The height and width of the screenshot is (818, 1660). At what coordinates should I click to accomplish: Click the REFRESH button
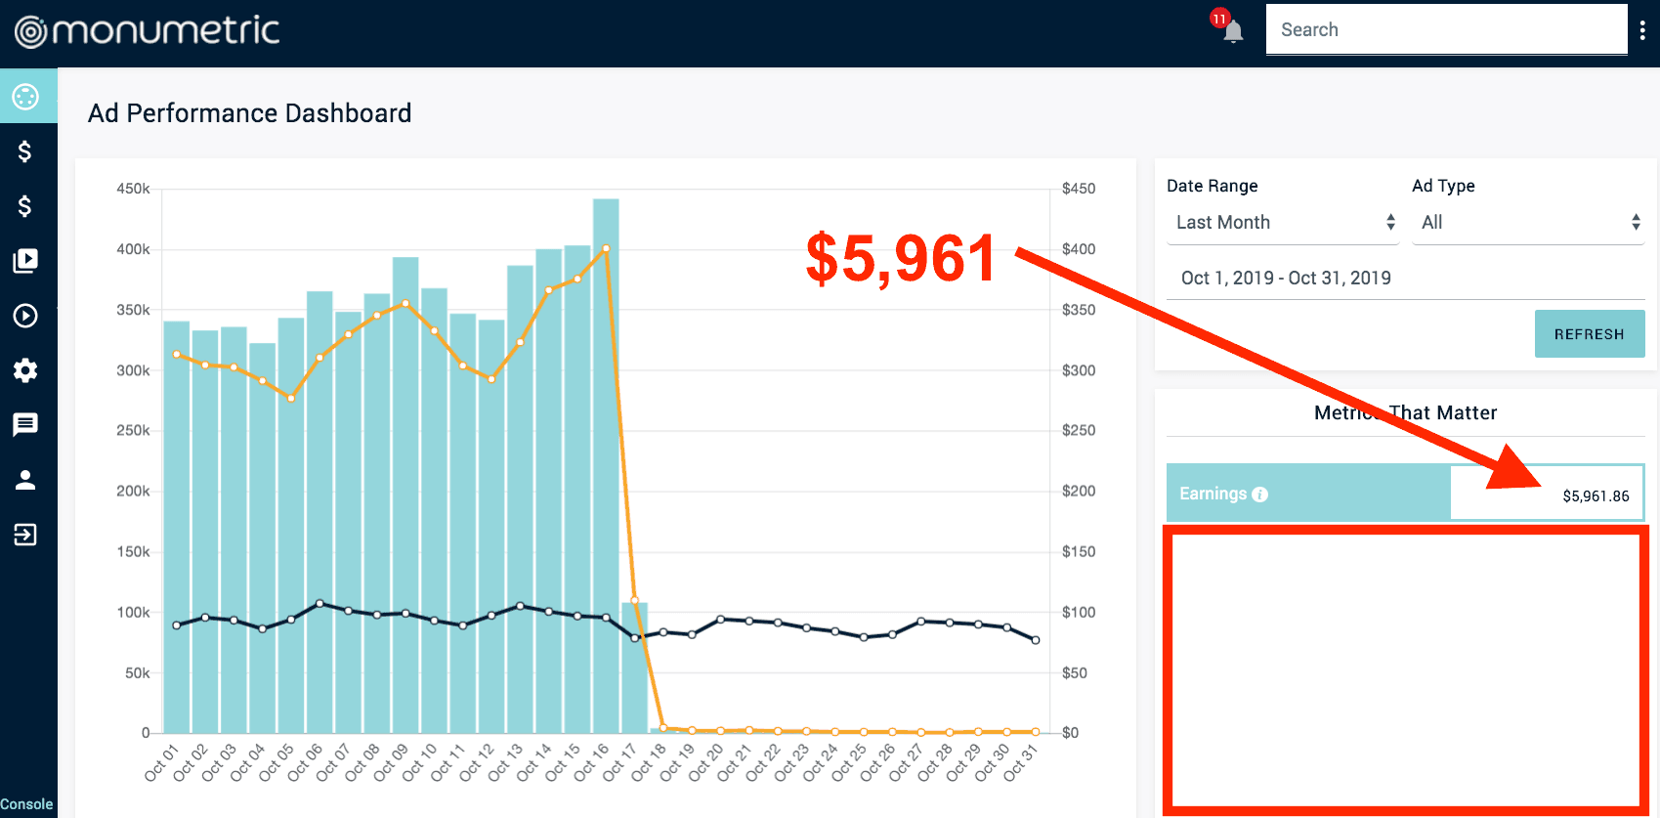pyautogui.click(x=1589, y=334)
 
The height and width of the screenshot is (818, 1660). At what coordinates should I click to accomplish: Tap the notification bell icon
pyautogui.click(x=1233, y=31)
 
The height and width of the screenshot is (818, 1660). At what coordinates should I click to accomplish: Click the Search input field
pyautogui.click(x=1446, y=29)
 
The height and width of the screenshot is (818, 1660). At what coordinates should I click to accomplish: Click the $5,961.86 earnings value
pyautogui.click(x=1596, y=496)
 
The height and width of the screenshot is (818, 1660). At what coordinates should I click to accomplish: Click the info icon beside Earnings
pyautogui.click(x=1260, y=495)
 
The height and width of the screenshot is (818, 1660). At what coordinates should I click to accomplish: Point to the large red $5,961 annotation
pyautogui.click(x=900, y=259)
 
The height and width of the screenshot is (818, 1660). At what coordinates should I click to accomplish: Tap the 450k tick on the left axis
pyautogui.click(x=133, y=189)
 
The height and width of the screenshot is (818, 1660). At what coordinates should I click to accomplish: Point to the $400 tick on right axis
pyautogui.click(x=1079, y=249)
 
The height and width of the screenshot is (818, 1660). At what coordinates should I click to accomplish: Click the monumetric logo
pyautogui.click(x=147, y=31)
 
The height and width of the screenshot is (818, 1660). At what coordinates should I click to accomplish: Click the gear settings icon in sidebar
pyautogui.click(x=25, y=370)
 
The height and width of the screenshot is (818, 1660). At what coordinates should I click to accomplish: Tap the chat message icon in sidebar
pyautogui.click(x=25, y=424)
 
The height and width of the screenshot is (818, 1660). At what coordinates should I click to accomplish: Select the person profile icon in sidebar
pyautogui.click(x=25, y=480)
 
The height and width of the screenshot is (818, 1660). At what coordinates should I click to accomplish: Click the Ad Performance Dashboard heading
pyautogui.click(x=250, y=113)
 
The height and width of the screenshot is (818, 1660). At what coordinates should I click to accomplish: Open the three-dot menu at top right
pyautogui.click(x=1642, y=31)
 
